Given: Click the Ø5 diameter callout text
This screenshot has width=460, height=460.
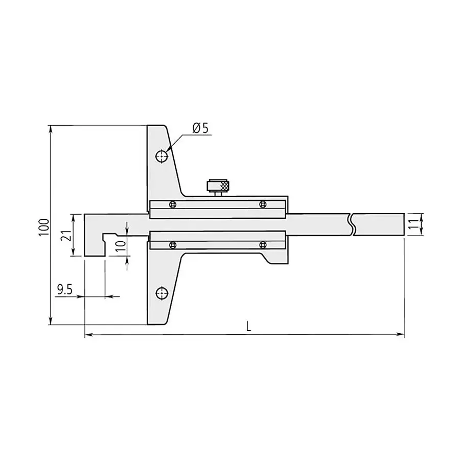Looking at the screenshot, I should pyautogui.click(x=201, y=128).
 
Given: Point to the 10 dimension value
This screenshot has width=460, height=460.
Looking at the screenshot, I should pyautogui.click(x=119, y=244).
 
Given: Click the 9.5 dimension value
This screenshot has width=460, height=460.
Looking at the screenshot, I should pyautogui.click(x=64, y=290).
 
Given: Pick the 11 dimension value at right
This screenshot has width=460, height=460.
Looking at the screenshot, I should pyautogui.click(x=412, y=224).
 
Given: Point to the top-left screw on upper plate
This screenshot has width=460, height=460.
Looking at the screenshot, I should pyautogui.click(x=172, y=204).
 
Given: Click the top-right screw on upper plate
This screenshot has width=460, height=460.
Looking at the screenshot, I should pyautogui.click(x=262, y=204).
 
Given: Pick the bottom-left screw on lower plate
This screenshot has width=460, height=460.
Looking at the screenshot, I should pyautogui.click(x=172, y=245).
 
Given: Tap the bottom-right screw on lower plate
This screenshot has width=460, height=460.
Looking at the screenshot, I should pyautogui.click(x=262, y=245).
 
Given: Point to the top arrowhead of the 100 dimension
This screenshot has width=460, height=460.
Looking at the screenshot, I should pyautogui.click(x=50, y=128).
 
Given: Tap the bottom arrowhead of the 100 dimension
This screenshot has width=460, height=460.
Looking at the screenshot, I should pyautogui.click(x=50, y=321).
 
